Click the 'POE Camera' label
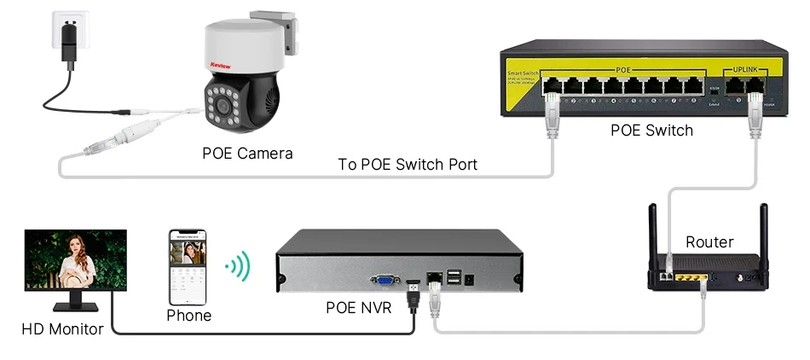(x=247, y=154)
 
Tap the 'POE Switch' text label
(x=651, y=131)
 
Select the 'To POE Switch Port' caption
(x=408, y=164)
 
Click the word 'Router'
(x=709, y=242)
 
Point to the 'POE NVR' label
(x=358, y=307)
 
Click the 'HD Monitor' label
(x=62, y=329)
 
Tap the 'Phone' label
(x=188, y=316)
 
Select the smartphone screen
(x=189, y=266)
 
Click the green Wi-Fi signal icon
(x=238, y=266)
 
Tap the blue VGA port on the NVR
(x=385, y=279)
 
